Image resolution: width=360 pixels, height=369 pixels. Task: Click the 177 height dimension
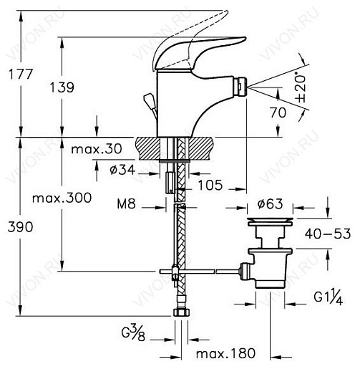(21, 74)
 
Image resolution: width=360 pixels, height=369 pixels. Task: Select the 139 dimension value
(62, 87)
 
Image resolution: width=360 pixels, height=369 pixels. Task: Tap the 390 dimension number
(21, 227)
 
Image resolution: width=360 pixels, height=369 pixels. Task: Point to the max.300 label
(62, 198)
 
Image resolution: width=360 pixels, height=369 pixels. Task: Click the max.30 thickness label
(97, 149)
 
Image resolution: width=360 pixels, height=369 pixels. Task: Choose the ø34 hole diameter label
(122, 170)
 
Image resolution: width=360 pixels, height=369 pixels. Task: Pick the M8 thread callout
(126, 203)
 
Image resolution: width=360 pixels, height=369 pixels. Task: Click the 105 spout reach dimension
(210, 185)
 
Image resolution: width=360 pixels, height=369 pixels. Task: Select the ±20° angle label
(301, 87)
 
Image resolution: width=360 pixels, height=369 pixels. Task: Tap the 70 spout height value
(278, 112)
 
